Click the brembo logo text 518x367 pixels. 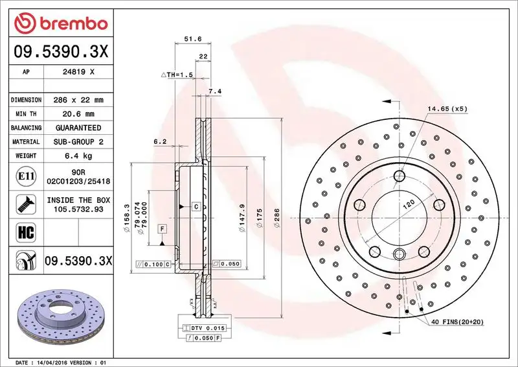tap(71, 25)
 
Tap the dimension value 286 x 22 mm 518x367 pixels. tap(78, 100)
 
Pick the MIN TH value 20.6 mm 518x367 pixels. tap(78, 114)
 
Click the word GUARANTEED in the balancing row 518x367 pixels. tap(78, 128)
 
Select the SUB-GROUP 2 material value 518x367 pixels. tap(78, 141)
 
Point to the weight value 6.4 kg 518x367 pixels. tap(78, 156)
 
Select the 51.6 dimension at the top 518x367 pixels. tap(190, 40)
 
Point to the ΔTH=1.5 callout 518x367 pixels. tap(177, 75)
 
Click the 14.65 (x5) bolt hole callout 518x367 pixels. tap(447, 108)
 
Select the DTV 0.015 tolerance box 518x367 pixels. tap(206, 329)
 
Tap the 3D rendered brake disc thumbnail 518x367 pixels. tap(59, 314)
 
